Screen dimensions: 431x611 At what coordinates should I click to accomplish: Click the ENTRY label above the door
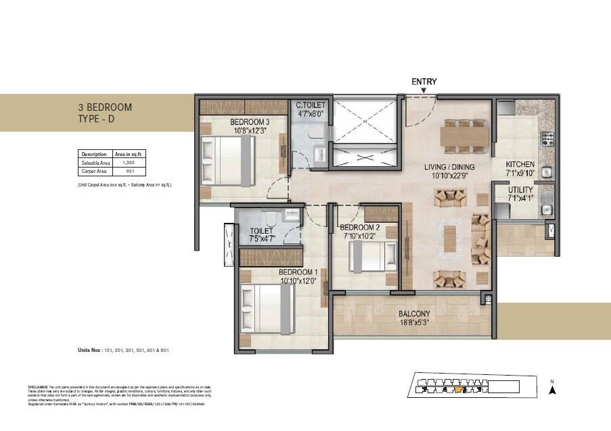point(424,82)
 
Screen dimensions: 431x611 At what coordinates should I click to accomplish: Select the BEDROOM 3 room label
point(232,122)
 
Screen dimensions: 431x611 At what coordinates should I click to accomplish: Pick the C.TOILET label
point(311,105)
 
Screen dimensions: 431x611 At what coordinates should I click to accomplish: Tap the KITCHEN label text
point(520,164)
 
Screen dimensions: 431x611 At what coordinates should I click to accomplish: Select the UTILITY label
point(520,190)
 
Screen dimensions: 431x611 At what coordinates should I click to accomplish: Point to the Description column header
point(93,153)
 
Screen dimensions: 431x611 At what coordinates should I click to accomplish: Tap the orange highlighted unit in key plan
point(458,388)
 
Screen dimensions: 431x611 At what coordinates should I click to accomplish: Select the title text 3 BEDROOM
point(105,107)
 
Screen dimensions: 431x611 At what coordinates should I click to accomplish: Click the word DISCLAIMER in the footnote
point(39,386)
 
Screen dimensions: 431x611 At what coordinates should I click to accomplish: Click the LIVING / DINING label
point(449,167)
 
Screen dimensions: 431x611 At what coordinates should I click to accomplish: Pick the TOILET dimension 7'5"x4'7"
point(261,238)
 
